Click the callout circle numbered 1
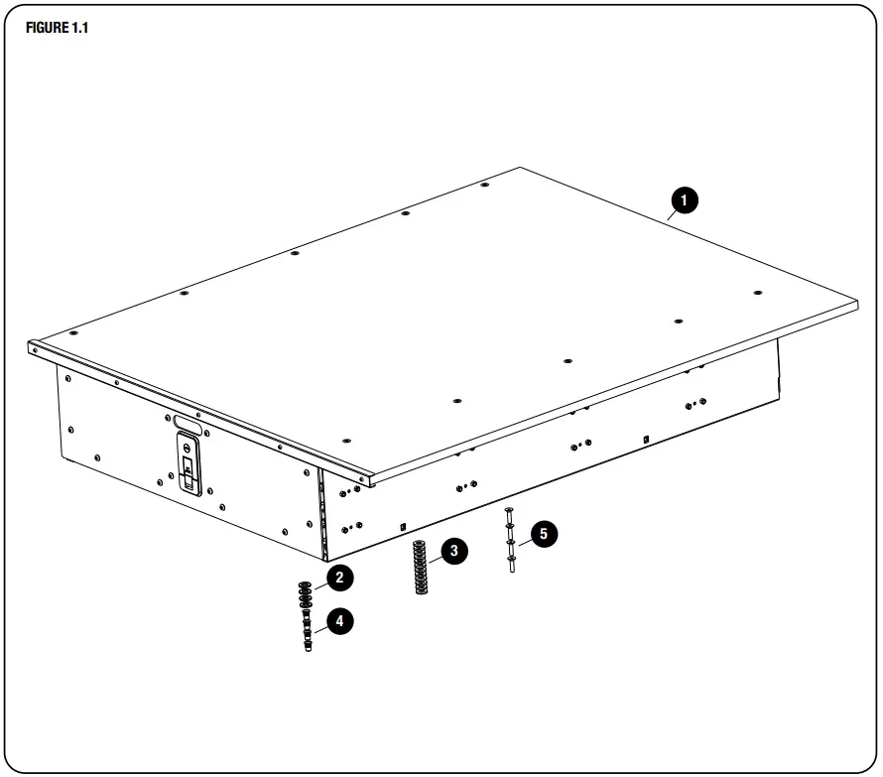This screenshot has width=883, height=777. click(x=684, y=201)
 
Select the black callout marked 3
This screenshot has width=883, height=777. click(x=453, y=551)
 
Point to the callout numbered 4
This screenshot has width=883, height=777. click(x=339, y=622)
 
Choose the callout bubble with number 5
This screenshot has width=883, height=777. click(x=543, y=534)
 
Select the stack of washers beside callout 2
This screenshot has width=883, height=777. click(x=306, y=592)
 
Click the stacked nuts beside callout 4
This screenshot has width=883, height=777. click(x=307, y=632)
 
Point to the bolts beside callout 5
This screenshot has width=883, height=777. click(x=510, y=541)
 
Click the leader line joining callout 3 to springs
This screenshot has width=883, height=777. click(x=434, y=557)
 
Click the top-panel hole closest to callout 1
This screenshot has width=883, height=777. click(x=757, y=293)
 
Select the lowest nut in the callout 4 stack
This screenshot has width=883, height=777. click(x=307, y=647)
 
